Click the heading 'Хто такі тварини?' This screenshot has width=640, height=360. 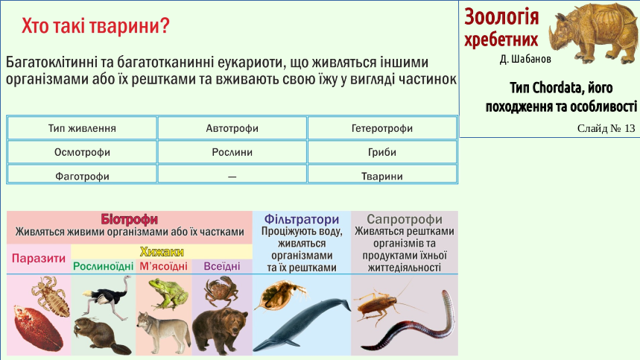coord(95,25)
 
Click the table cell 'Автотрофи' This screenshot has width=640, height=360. coord(232,128)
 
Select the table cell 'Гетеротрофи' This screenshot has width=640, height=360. coord(382,128)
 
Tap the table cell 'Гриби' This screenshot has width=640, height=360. coord(382,152)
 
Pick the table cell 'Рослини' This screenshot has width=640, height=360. coord(232,152)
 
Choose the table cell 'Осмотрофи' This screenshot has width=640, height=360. coord(82,152)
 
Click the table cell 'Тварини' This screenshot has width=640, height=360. coord(382,174)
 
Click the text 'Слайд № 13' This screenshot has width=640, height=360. coord(606,128)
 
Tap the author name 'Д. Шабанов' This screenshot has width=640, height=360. coord(525,59)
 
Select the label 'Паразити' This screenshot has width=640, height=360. coord(38,259)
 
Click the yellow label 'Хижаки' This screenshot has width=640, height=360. coord(162,251)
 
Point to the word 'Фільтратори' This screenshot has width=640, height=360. coord(302,219)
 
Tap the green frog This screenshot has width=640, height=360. coord(168,294)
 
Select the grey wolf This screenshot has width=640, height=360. coord(163,332)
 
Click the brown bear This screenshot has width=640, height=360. coord(220,331)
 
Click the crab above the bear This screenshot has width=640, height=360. coord(221,291)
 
